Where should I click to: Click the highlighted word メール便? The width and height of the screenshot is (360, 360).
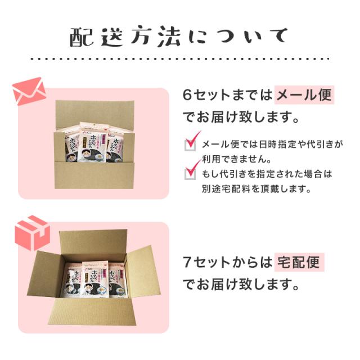(x=304, y=94)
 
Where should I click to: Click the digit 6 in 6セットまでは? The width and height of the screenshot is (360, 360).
(x=188, y=94)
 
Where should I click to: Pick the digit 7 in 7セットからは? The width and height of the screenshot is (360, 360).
(x=188, y=262)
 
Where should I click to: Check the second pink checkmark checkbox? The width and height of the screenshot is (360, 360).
(x=192, y=170)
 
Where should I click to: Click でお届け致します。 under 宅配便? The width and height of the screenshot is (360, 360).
(x=239, y=285)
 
